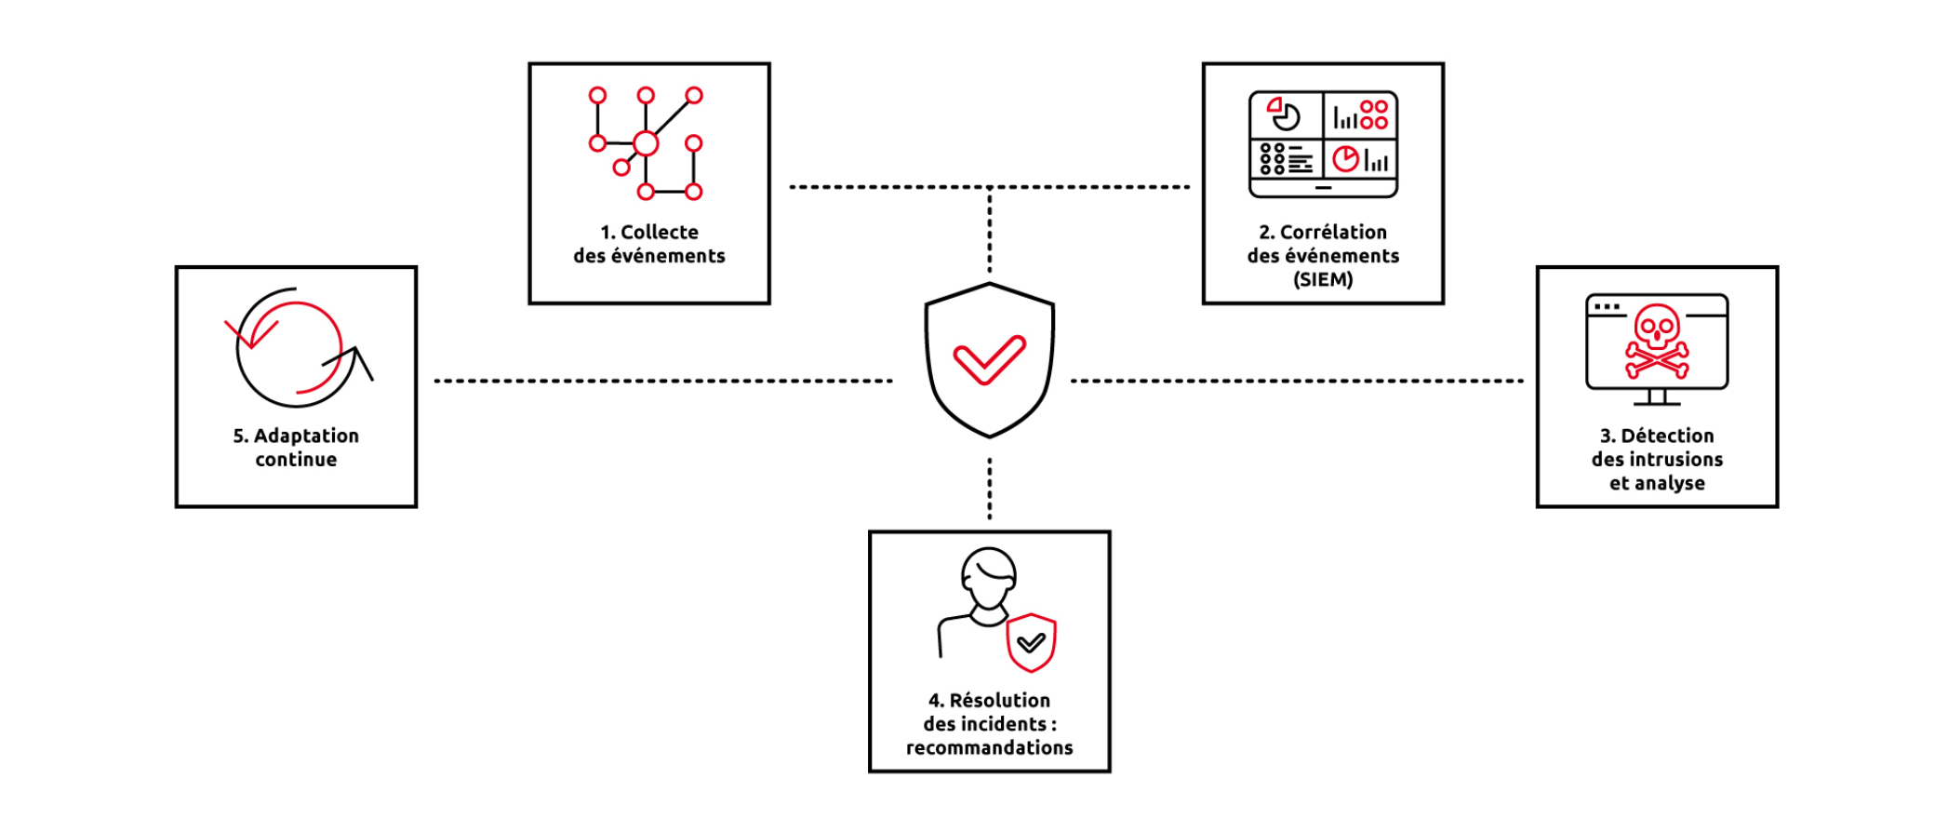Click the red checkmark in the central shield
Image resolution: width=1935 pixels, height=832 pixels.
click(x=989, y=359)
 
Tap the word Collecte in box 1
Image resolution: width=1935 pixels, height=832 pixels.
click(x=659, y=233)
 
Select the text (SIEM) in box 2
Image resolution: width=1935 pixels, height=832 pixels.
click(x=1322, y=280)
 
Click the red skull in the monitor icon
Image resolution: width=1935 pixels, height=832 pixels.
click(x=1657, y=341)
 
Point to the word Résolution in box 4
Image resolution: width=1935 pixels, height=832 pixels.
click(x=999, y=701)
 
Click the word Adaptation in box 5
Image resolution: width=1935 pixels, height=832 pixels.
click(x=306, y=436)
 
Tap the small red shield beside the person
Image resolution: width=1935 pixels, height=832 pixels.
click(x=1031, y=642)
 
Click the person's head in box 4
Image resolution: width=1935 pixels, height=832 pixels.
click(x=988, y=576)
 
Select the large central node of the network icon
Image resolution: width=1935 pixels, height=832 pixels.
click(x=646, y=143)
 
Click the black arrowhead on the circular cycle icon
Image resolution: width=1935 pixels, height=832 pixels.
click(x=359, y=358)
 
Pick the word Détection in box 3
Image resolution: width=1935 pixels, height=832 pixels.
click(x=1666, y=436)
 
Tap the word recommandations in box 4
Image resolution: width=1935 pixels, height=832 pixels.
click(x=989, y=748)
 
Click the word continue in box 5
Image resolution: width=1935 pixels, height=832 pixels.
click(x=296, y=460)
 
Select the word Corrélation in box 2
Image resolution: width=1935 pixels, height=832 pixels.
click(x=1332, y=233)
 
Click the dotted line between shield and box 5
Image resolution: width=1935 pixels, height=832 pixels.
click(x=662, y=381)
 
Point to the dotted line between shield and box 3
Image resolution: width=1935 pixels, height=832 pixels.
click(x=1297, y=381)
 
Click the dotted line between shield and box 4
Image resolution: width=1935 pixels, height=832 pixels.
click(x=989, y=488)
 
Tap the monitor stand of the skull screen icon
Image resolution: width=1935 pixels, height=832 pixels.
click(x=1657, y=397)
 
